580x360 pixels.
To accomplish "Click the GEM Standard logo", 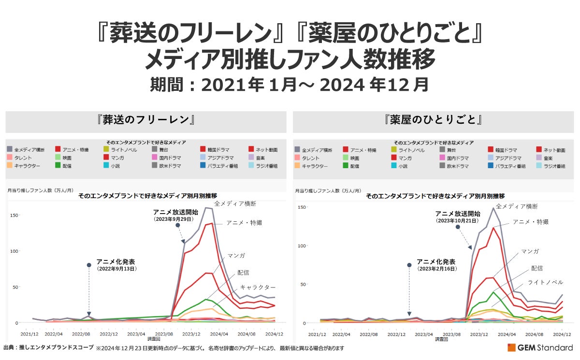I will coord(539,348).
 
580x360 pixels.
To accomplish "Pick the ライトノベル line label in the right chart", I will coord(545,282).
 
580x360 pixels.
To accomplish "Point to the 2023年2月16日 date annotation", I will coord(436,268).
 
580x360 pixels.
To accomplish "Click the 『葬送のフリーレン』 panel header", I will coord(145,120).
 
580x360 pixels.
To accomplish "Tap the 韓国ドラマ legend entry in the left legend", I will coord(218,150).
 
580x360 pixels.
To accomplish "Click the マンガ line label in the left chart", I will coord(236,255).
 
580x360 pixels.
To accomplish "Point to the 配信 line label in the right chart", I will coord(536,268).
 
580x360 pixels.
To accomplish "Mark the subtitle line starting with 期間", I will coord(290,85).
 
